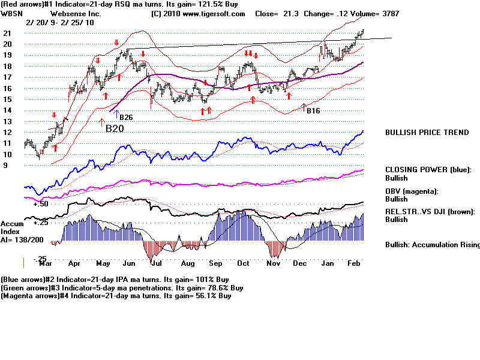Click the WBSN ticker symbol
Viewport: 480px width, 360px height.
(x=13, y=13)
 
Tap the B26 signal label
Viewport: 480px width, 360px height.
(x=126, y=117)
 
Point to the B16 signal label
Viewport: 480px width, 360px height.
(x=313, y=111)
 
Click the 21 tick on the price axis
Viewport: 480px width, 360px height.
(x=7, y=33)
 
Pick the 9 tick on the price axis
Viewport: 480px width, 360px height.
(x=5, y=165)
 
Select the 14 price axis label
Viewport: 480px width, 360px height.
(x=7, y=110)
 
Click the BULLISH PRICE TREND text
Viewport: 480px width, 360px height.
(x=427, y=133)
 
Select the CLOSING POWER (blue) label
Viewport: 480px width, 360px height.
(x=428, y=170)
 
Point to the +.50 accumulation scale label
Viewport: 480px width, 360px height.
(x=40, y=204)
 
